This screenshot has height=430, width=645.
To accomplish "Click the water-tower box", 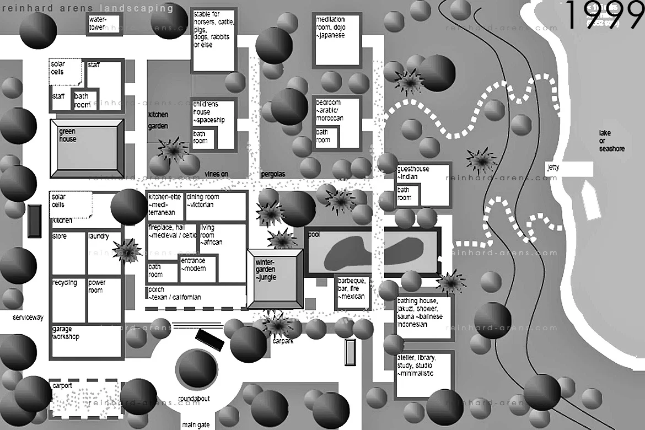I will [104, 25].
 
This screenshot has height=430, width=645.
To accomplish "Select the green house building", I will [86, 148].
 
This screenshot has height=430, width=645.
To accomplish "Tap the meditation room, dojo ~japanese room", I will [336, 41].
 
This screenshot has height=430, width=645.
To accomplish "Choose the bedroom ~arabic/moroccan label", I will [330, 110].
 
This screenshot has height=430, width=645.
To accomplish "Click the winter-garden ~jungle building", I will [275, 278].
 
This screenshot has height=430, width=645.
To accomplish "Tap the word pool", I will [314, 234].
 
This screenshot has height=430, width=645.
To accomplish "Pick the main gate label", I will [196, 425].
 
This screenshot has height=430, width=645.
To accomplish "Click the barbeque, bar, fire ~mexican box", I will [352, 292].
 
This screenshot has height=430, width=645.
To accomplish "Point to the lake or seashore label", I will [612, 141].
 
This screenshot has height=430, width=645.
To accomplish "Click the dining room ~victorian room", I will [216, 205].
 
